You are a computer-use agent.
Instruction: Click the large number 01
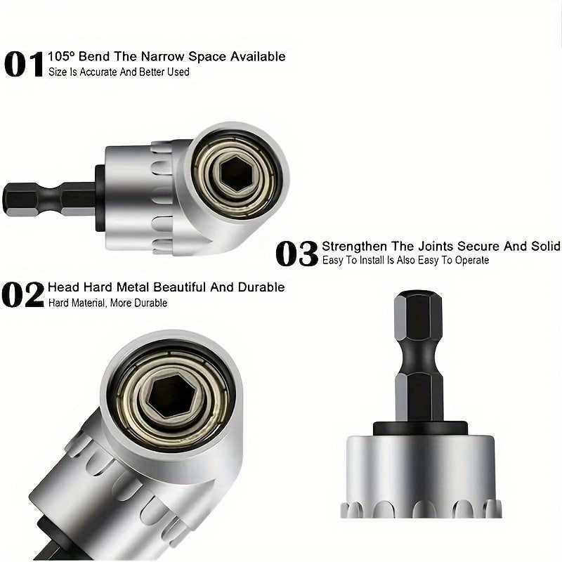coord(24,63)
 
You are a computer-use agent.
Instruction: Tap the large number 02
coord(23,295)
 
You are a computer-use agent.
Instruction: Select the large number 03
coord(296,253)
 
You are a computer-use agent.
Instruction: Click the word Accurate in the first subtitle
coord(100,72)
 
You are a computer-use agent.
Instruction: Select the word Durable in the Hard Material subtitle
coord(150,303)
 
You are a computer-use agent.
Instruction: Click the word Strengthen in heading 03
coord(355,246)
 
